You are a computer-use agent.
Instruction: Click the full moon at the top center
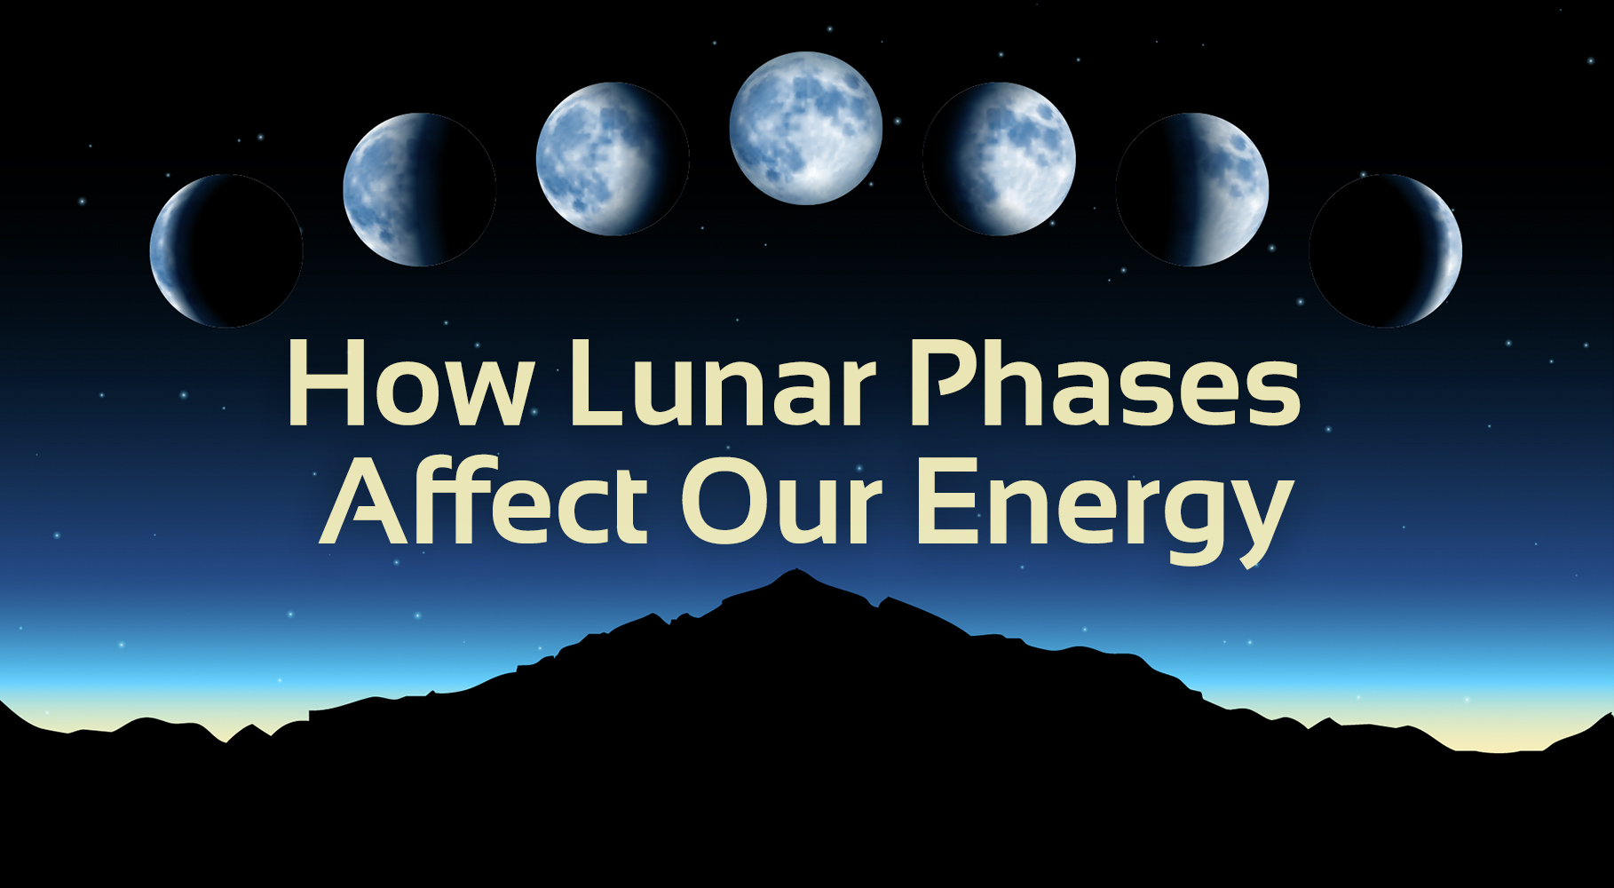click(x=805, y=128)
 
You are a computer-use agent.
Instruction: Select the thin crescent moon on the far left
click(x=226, y=250)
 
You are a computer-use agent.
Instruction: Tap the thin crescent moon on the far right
click(x=1385, y=250)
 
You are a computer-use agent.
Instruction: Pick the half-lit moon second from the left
click(x=419, y=189)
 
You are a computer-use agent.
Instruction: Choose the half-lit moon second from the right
click(x=1192, y=189)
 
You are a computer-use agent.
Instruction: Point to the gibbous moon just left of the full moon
click(x=613, y=159)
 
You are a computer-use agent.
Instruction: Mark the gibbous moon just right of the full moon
click(x=999, y=159)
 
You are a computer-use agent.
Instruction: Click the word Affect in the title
click(x=484, y=503)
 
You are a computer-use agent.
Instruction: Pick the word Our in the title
click(x=781, y=503)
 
